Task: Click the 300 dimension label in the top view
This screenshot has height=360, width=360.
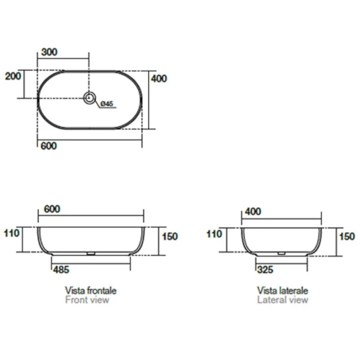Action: pos(49,52)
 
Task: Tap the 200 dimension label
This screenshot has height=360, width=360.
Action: pos(13,76)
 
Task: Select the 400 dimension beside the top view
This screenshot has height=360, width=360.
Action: pos(159,78)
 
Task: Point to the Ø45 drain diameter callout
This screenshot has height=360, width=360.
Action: pos(107,103)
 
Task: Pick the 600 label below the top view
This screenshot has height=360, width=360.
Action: pos(49,146)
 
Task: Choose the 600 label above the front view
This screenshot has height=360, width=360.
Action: pos(52,209)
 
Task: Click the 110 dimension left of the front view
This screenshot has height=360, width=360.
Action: pos(12,233)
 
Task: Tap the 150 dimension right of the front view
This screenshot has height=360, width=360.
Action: pos(170,237)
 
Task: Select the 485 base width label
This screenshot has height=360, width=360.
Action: pos(61,270)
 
